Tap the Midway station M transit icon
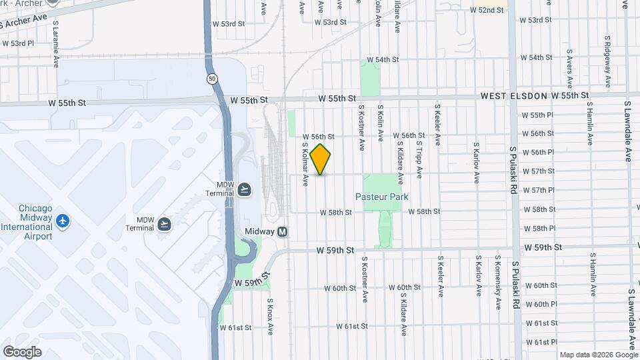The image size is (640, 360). point(283,231)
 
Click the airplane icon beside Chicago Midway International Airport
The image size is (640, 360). point(63,219)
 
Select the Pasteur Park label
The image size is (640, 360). point(381,197)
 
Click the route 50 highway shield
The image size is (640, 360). point(212,79)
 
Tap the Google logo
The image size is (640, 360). point(22,352)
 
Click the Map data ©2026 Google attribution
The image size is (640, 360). point(597,355)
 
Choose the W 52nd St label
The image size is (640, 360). point(486,11)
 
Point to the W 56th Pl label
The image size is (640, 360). point(538,152)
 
